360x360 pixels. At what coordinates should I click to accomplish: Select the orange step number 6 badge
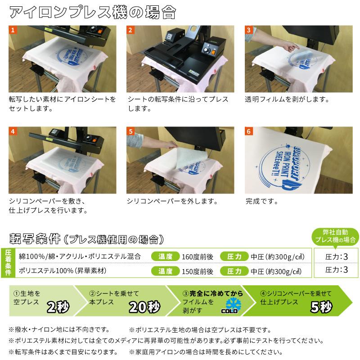click(x=249, y=131)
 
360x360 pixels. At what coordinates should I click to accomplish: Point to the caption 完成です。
click(x=261, y=201)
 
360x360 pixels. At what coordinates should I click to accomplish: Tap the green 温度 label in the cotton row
click(x=165, y=256)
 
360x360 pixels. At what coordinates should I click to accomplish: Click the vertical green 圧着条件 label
click(x=8, y=264)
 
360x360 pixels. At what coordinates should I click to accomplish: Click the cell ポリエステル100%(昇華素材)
click(x=63, y=271)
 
